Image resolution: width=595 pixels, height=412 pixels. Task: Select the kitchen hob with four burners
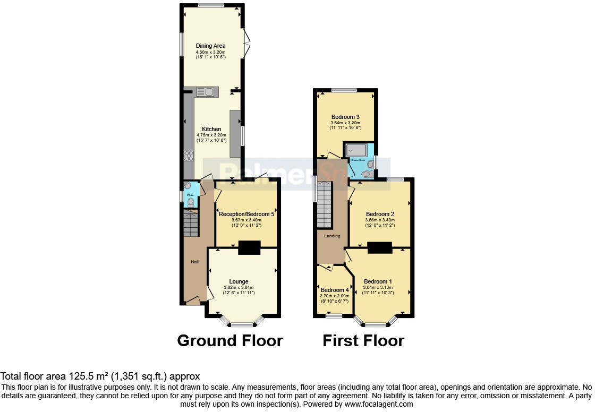coord(189,156)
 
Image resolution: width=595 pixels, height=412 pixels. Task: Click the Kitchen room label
coord(211,129)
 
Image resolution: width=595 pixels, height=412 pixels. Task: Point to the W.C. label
coord(189,194)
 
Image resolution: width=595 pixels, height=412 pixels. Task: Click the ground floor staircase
coord(191,222)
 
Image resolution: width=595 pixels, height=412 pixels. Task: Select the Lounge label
coord(239,281)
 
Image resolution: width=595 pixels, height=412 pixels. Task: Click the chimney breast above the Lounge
coord(249,248)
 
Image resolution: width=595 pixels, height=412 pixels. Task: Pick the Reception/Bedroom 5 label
coord(246,214)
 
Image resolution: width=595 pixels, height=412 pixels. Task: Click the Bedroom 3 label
coord(346,117)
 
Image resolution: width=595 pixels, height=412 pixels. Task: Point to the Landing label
coord(333,236)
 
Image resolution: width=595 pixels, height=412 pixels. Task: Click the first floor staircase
coord(324,204)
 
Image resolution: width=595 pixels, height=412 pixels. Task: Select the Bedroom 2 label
coord(380,214)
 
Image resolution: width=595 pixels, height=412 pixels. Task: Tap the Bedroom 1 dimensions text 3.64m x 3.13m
coord(377,287)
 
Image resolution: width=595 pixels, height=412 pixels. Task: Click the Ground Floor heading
coord(229,340)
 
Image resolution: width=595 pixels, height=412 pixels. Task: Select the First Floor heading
coord(363,340)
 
